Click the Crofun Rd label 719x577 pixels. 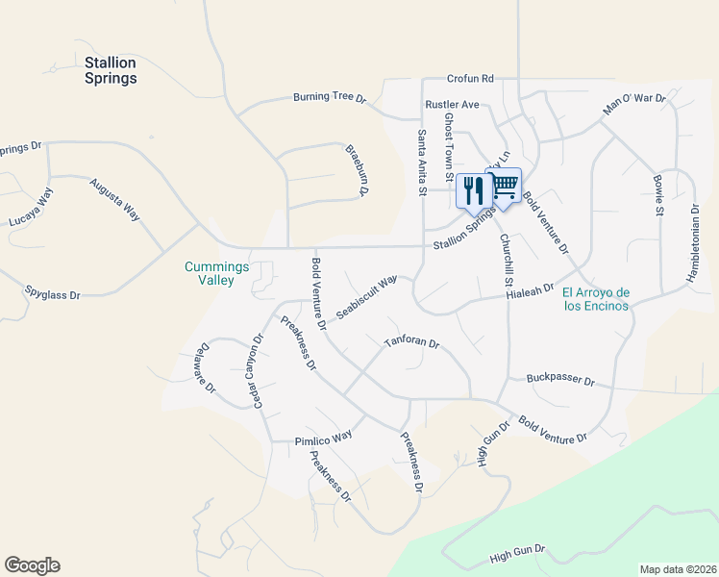470,79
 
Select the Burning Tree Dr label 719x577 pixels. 331,98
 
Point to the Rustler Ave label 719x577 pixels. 452,104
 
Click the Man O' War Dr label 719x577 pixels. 634,104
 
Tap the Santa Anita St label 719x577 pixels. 421,163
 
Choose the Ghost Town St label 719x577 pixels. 448,147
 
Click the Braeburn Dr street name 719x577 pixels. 357,170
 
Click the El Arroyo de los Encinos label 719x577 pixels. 595,299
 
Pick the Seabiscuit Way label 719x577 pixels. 366,297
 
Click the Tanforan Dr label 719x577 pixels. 411,342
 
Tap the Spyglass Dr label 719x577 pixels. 53,294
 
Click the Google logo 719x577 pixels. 32,565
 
